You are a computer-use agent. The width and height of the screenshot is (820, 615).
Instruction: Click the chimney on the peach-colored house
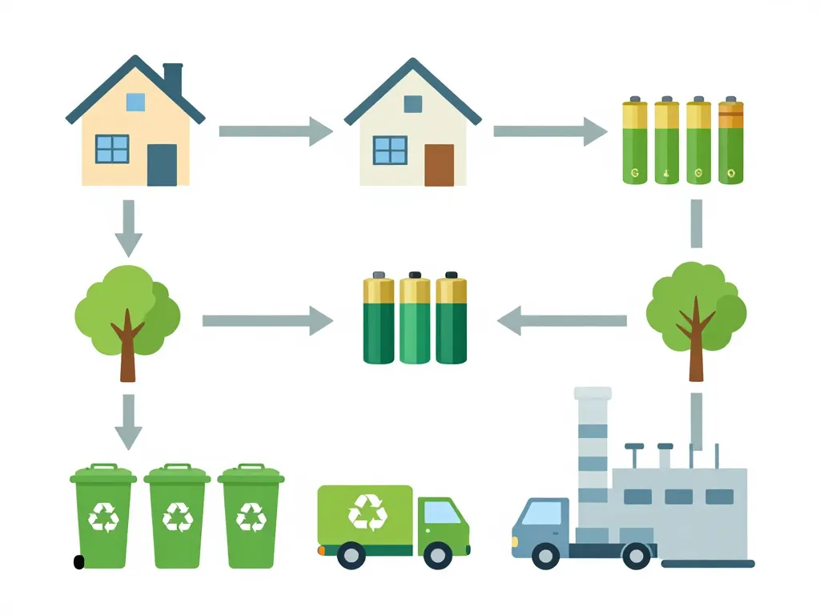173,78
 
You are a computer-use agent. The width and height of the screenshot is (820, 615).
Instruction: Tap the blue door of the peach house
162,165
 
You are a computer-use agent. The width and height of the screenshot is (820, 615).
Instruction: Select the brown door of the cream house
439,165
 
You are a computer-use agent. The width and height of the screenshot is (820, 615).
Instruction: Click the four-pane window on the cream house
390,150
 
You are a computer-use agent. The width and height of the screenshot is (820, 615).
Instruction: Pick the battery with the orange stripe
731,142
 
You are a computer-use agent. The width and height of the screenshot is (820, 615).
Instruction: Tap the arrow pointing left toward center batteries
561,321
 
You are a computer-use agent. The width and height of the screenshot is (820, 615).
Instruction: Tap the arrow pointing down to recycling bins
128,421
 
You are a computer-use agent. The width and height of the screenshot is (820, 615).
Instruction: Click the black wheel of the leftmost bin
78,562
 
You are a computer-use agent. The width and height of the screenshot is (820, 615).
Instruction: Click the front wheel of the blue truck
545,556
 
